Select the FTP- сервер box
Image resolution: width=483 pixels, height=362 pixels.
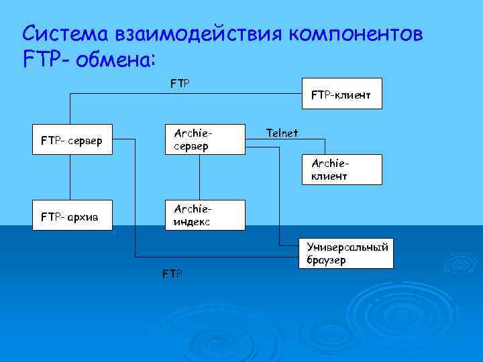point(72,141)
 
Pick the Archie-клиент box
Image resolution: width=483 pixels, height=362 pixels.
point(342,170)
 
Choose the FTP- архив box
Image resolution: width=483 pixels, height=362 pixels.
point(72,216)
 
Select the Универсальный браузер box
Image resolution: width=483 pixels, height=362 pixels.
point(345,253)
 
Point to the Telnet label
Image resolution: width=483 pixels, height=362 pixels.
point(282,133)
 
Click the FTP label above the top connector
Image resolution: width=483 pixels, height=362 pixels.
point(180,84)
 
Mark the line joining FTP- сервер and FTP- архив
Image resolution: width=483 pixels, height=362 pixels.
point(67,178)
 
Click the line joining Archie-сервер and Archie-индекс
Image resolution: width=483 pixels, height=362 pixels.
point(199,178)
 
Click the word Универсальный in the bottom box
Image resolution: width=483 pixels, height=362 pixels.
point(347,247)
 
